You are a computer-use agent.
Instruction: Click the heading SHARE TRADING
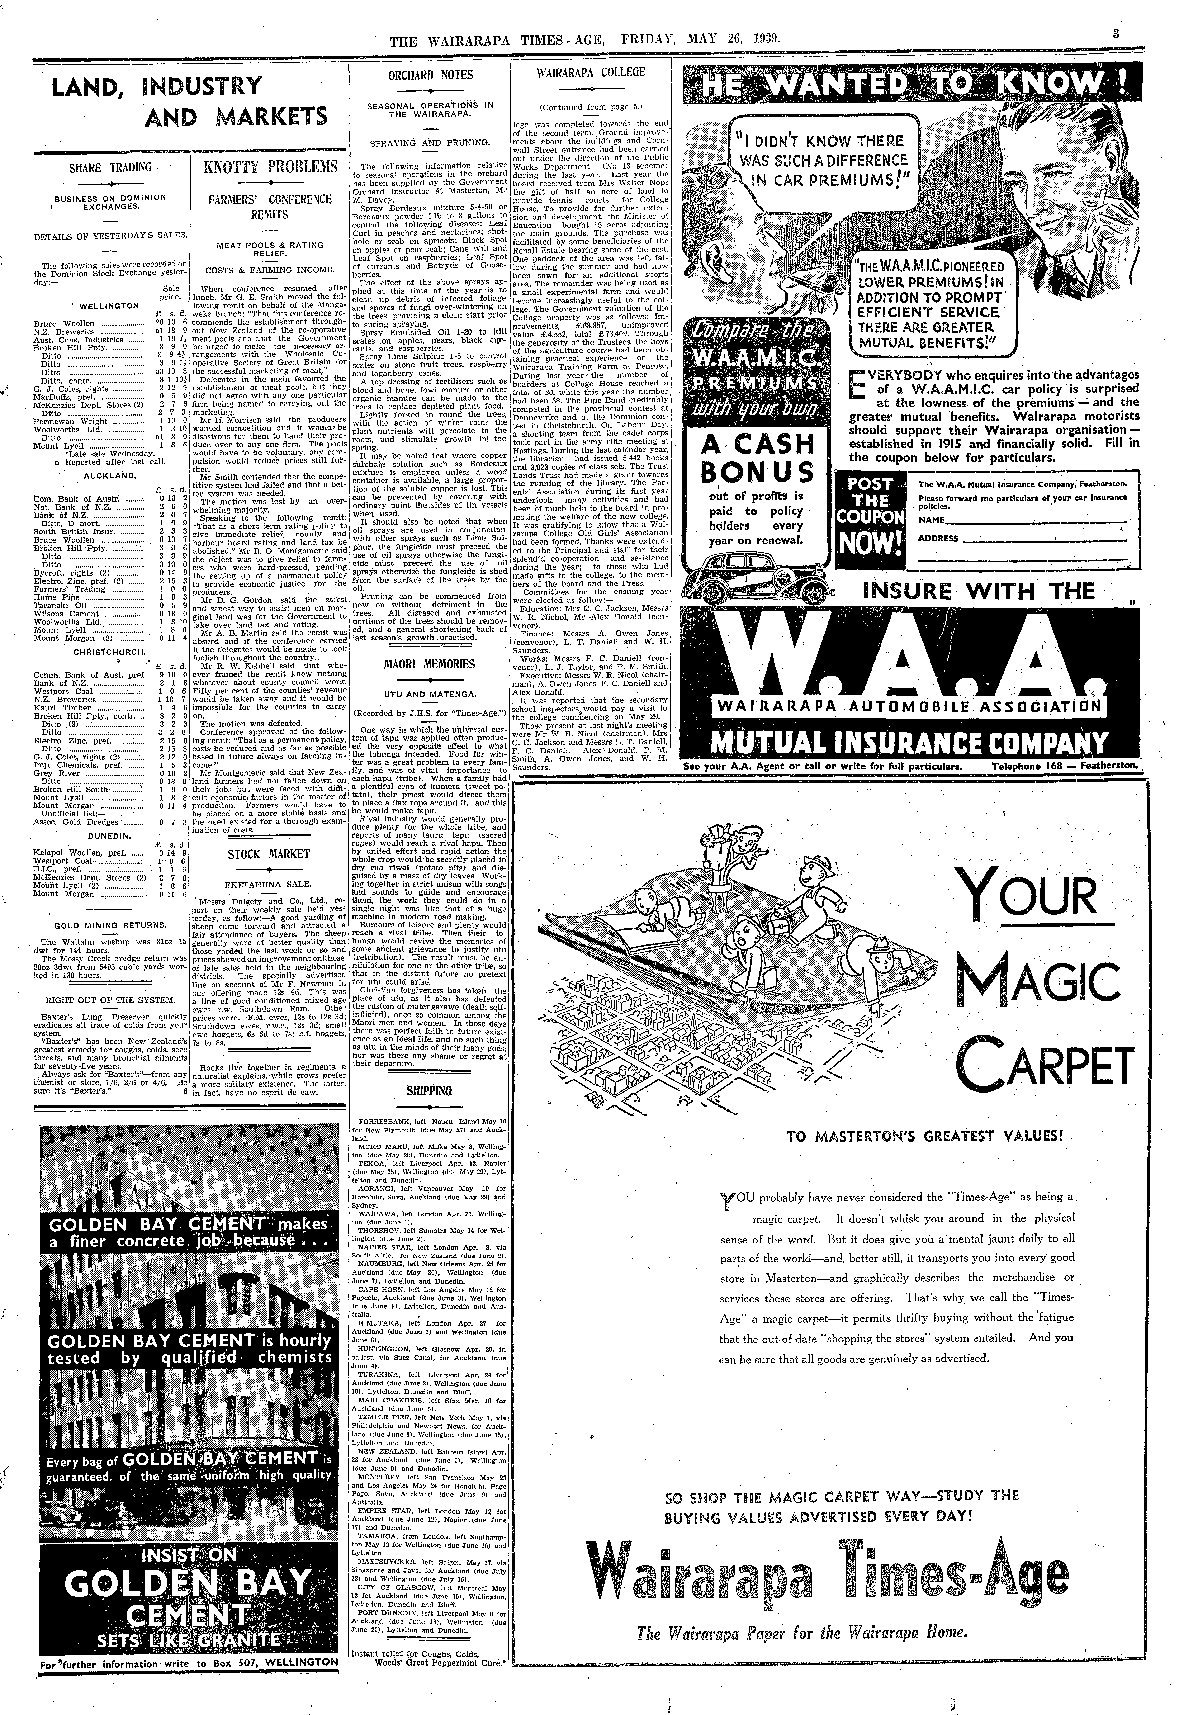tap(110, 168)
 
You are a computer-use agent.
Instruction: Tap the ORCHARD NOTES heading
tap(431, 75)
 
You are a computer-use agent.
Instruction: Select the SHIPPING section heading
tap(429, 1090)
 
